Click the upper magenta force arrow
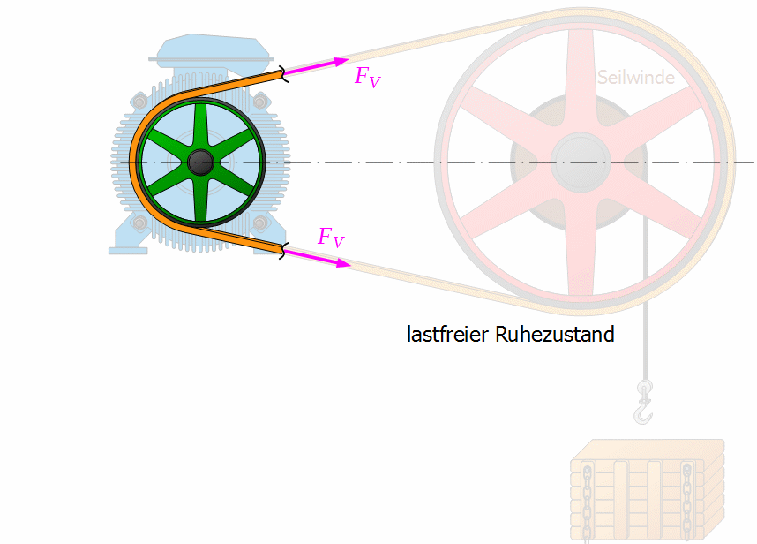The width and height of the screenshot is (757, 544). (316, 66)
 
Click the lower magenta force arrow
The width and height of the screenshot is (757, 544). (317, 258)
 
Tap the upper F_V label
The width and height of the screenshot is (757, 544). (368, 77)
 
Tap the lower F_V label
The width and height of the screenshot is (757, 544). (331, 238)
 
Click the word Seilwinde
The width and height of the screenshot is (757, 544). (636, 78)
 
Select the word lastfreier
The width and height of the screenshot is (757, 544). (448, 334)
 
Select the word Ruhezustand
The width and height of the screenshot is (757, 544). (555, 334)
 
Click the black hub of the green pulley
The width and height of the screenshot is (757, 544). (200, 162)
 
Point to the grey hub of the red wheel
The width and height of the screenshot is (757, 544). (581, 162)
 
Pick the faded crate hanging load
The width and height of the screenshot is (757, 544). (648, 490)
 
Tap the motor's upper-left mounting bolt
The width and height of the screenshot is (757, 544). (140, 102)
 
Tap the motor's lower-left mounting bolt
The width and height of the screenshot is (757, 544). (140, 223)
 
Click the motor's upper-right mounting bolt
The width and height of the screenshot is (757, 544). (259, 102)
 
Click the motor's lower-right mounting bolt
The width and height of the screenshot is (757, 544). (259, 223)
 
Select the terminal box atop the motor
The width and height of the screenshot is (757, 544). (212, 49)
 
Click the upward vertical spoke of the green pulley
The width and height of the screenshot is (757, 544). (200, 126)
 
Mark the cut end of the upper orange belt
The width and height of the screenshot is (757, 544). (283, 74)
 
